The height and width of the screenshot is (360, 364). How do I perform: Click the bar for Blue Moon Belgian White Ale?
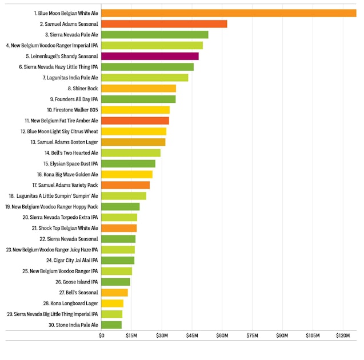[229, 13]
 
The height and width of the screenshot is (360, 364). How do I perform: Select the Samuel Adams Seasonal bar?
[164, 24]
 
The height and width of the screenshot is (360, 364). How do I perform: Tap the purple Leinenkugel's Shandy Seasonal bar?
[150, 56]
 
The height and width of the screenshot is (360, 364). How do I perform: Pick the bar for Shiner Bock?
[138, 89]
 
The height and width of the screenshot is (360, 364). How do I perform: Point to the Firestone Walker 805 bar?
[135, 110]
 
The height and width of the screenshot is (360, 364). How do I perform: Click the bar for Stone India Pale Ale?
[111, 325]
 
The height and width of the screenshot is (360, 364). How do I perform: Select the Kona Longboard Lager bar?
[113, 303]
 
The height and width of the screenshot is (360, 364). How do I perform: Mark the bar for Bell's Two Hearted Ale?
[131, 153]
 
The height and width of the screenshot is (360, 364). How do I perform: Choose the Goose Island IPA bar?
[116, 282]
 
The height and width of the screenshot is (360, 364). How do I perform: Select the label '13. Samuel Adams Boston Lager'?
[64, 142]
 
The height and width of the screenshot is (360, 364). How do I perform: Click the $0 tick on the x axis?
[102, 335]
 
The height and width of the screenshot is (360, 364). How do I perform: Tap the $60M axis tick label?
[222, 335]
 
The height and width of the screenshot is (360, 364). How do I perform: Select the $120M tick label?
[343, 335]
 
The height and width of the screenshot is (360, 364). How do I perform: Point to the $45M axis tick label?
[192, 335]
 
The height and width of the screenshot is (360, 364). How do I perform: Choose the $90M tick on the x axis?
[283, 335]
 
